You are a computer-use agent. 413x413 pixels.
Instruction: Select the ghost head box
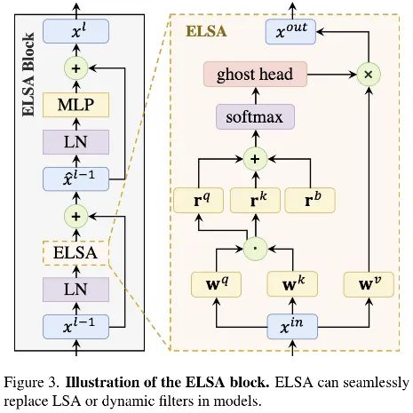coord(255,75)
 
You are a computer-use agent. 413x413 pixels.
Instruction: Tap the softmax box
coord(255,115)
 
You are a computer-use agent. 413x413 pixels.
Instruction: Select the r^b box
coord(312,200)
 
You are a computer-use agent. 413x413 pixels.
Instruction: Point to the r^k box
coord(255,200)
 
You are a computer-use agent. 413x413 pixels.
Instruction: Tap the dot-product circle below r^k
coord(255,244)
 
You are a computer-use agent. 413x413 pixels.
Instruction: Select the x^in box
coord(293,330)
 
